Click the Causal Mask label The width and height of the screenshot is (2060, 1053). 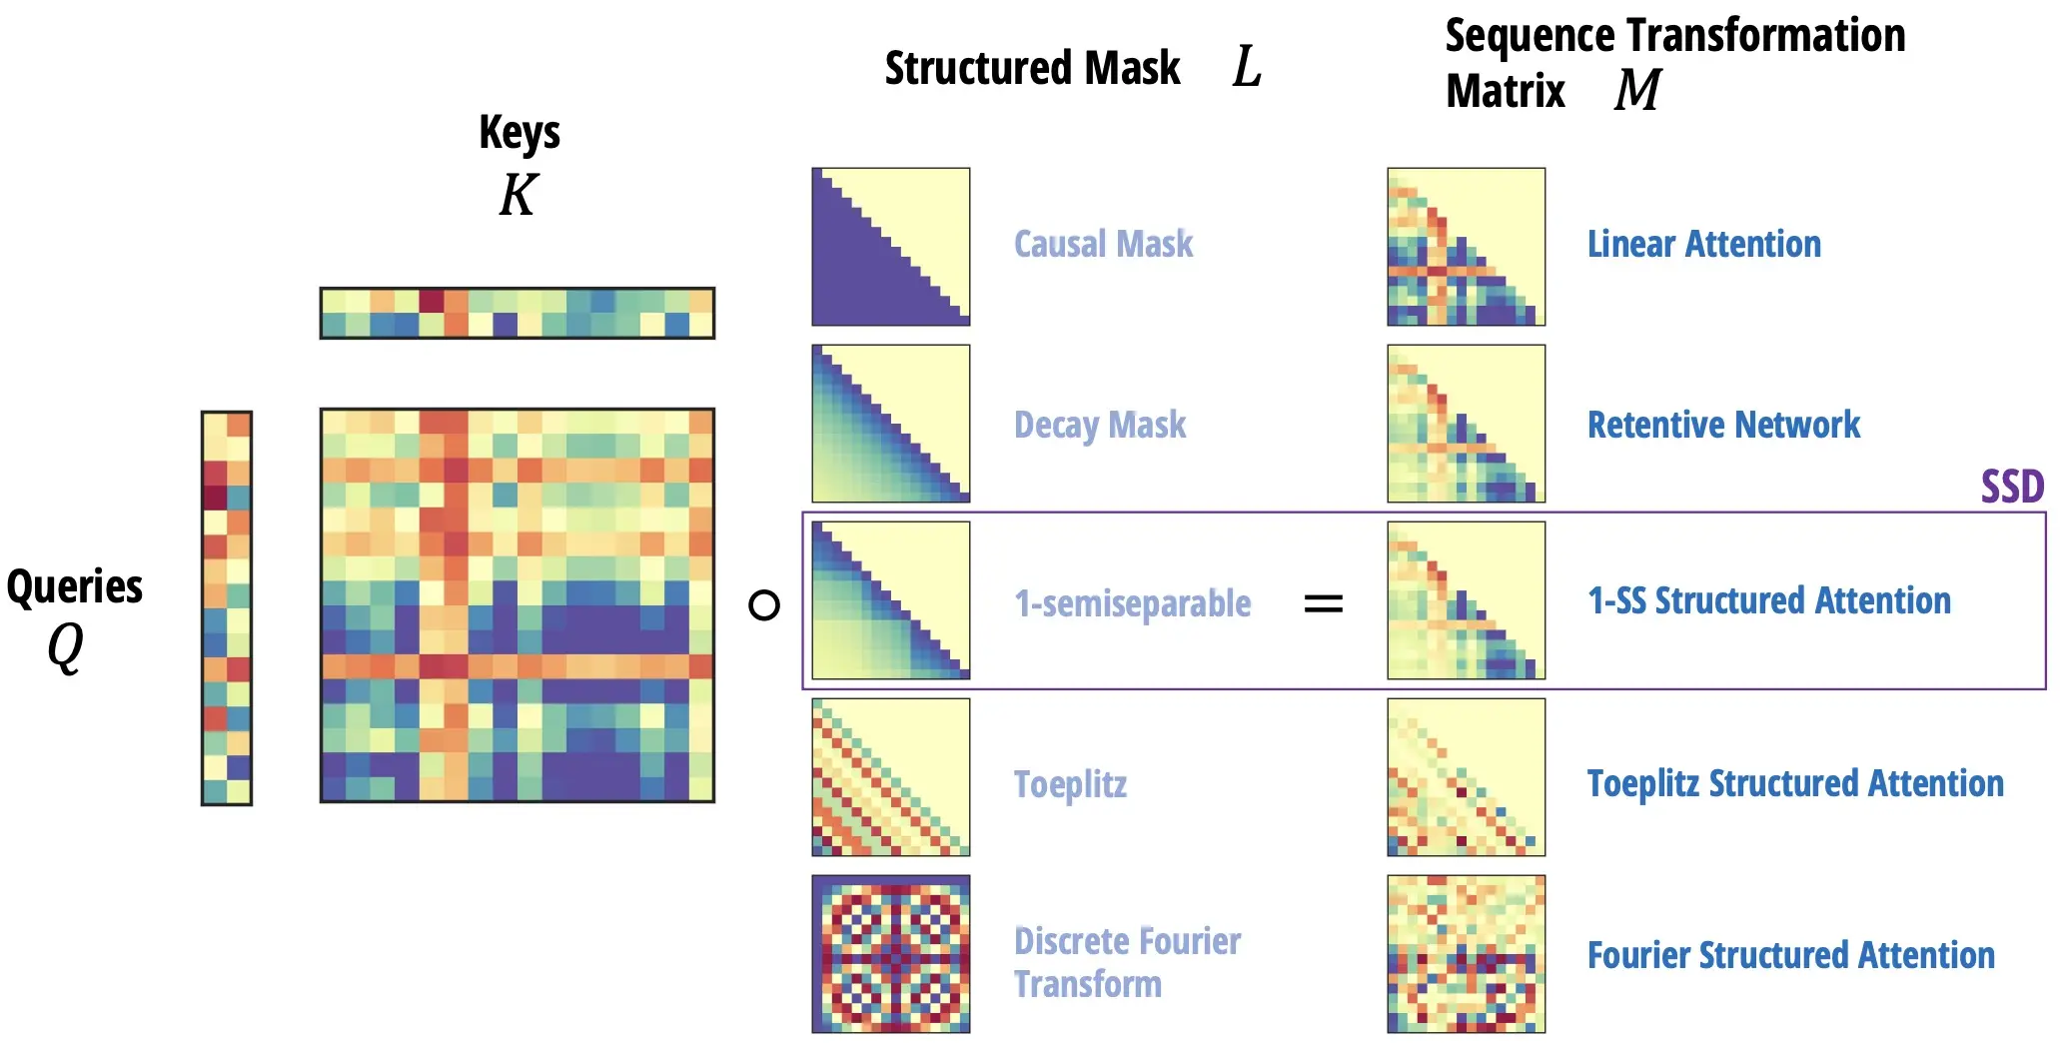point(1103,244)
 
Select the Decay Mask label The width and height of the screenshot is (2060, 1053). point(1100,425)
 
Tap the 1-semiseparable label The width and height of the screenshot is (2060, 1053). point(1133,603)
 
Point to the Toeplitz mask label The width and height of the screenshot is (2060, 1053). point(1070,785)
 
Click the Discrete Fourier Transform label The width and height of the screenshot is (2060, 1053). point(1127,962)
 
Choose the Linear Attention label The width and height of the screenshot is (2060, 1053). point(1704,244)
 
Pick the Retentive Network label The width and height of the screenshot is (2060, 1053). point(1724,425)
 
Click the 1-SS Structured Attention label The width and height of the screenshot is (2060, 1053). point(1769,600)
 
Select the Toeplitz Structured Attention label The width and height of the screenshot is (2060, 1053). point(1795,783)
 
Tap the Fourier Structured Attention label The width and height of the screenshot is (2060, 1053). point(1791,955)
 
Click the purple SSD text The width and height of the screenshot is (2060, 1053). point(2012,488)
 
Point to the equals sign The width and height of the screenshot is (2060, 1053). point(1324,603)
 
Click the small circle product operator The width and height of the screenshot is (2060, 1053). point(764,604)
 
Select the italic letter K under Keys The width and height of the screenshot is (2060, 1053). point(518,194)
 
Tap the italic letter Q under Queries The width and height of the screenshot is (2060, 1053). point(66,647)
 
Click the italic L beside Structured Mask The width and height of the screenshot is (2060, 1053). point(1247,67)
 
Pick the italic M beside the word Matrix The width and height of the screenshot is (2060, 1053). point(1637,89)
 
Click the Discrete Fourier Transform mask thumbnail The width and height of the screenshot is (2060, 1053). point(891,954)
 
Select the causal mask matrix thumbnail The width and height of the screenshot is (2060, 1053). point(891,247)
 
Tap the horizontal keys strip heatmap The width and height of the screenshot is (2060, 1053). point(517,313)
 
